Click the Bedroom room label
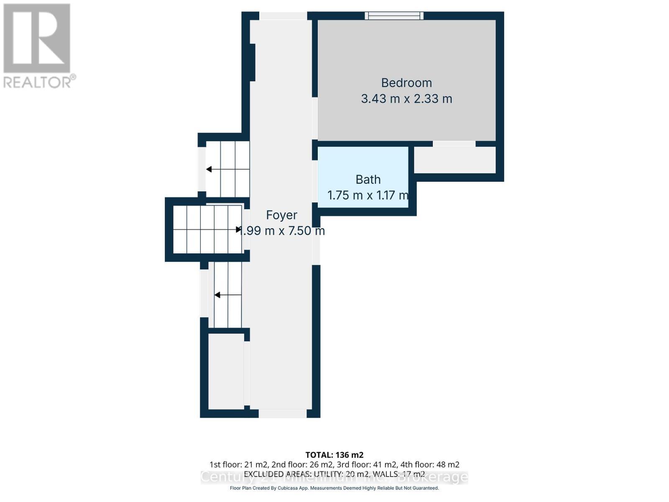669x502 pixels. pos(406,83)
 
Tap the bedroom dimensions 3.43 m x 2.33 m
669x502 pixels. pos(406,99)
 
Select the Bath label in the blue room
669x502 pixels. pos(368,179)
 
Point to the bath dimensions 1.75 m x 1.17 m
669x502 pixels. pos(367,195)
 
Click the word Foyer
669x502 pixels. pos(281,215)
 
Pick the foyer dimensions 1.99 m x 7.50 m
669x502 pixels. pos(281,231)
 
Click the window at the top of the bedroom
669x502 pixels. pos(394,16)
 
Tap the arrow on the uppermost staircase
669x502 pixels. pos(209,169)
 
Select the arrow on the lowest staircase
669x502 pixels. pos(217,295)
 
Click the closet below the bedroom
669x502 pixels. pos(455,160)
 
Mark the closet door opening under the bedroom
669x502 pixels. pos(454,143)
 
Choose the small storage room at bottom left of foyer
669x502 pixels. pos(226,371)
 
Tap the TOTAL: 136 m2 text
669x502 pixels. pos(334,455)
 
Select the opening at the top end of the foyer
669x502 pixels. pos(283,16)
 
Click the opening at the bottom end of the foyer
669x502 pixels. pos(282,413)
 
